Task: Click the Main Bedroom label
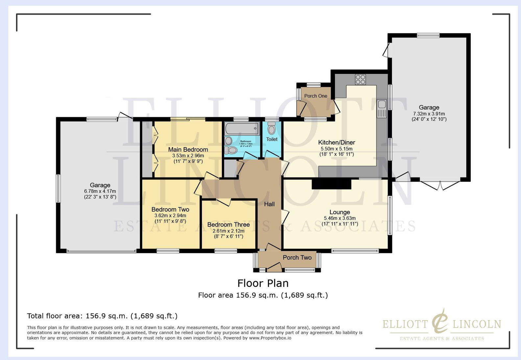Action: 188,149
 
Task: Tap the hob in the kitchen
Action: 360,79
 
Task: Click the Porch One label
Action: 316,96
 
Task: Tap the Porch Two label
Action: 297,258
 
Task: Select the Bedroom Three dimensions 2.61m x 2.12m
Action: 228,231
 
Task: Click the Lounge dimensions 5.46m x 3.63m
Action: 340,218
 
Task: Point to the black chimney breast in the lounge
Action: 331,184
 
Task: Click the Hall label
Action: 269,204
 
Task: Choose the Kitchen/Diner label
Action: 337,142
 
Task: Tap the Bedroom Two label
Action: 170,209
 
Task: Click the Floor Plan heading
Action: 263,283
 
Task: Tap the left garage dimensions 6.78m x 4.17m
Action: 100,191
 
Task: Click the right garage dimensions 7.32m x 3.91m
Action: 429,113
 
